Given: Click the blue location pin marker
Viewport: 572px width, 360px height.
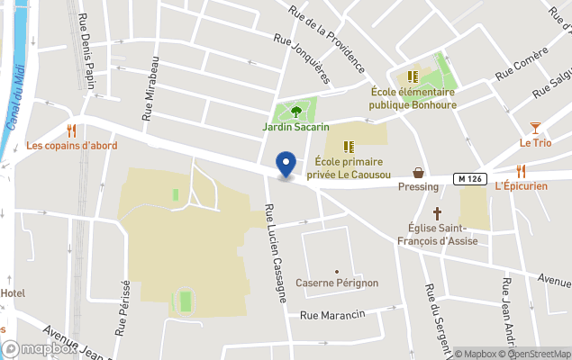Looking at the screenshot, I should (x=286, y=165).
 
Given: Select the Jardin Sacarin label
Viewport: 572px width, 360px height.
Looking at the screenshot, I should (x=295, y=128).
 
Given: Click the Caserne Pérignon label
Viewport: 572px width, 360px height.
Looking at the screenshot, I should (x=338, y=283).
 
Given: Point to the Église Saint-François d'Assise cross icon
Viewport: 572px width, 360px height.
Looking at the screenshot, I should (x=438, y=213).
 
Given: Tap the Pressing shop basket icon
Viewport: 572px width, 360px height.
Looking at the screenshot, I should (x=419, y=172).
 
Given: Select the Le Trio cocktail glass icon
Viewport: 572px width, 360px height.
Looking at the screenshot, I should (x=535, y=128).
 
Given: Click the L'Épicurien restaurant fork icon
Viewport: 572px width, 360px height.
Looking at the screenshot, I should (x=521, y=171).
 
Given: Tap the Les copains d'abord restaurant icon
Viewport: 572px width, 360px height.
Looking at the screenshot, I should (x=71, y=130).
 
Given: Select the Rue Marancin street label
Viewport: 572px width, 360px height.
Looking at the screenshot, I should (x=332, y=315).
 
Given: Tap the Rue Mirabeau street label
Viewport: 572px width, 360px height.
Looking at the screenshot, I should (x=150, y=87).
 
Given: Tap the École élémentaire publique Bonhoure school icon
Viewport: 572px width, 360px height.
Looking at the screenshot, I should (x=412, y=77).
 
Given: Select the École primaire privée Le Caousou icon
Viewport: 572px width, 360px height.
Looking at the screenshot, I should (x=349, y=146).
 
